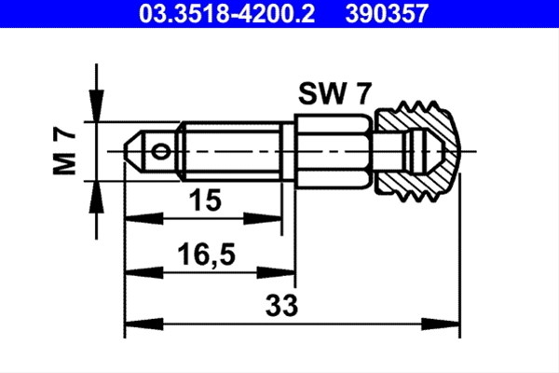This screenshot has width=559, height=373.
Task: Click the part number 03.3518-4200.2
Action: point(226,14)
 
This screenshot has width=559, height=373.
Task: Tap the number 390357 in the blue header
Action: point(388,14)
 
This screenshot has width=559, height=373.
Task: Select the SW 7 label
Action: point(335,93)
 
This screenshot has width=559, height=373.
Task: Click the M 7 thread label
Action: point(64,152)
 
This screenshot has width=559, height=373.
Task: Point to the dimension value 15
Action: point(205,200)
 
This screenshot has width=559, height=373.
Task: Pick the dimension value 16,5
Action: point(207,255)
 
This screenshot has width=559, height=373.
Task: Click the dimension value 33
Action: point(281,305)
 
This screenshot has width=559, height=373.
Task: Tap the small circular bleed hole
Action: point(160,152)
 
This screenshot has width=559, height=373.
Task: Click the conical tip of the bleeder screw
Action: point(134,152)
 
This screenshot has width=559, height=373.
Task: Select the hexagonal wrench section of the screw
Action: point(334,152)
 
